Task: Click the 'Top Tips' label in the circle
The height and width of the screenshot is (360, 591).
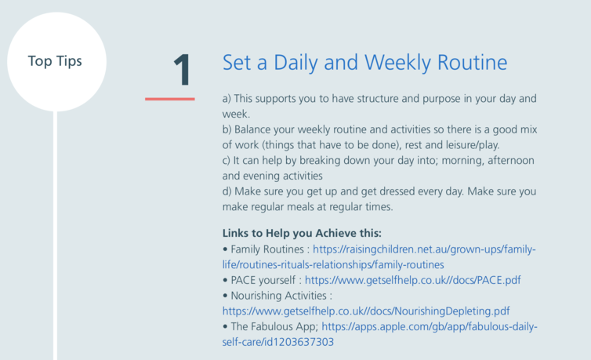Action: tap(55, 61)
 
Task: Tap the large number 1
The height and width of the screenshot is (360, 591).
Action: tap(183, 70)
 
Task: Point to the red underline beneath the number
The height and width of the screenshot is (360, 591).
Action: tap(170, 99)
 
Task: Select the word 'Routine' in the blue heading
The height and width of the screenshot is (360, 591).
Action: tap(473, 63)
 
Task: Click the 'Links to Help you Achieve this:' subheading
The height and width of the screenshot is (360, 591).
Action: tap(302, 234)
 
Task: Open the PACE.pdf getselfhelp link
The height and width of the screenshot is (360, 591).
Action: tap(413, 280)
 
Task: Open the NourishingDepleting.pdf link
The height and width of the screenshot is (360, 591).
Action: tap(366, 311)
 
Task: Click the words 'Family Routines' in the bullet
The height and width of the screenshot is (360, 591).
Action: tap(267, 249)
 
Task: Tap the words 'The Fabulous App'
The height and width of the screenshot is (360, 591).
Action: tap(274, 326)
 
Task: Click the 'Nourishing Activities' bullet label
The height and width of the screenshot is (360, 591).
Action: tap(278, 296)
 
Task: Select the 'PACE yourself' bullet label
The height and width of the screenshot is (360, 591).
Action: tap(263, 280)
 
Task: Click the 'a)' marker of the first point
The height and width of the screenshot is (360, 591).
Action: tap(227, 99)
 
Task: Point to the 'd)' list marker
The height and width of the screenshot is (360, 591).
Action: tap(227, 191)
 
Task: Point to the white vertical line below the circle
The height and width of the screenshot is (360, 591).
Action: tap(55, 235)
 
